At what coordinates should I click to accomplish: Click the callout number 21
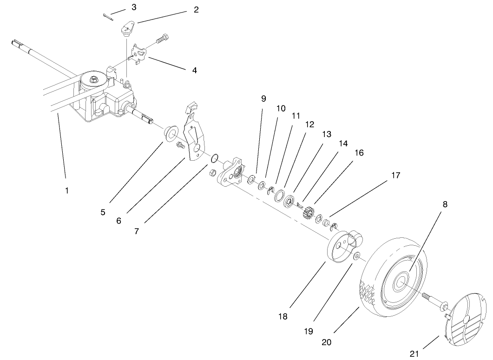pos(414,354)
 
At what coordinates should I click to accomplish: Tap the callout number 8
pos(445,204)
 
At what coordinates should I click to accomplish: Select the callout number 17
pos(395,176)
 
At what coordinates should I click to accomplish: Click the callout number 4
pos(194,70)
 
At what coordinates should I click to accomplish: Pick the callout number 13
pos(326,134)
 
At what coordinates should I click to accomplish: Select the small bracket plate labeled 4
pos(139,54)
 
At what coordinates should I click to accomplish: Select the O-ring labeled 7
pos(215,159)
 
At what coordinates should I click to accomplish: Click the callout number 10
pos(281,108)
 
